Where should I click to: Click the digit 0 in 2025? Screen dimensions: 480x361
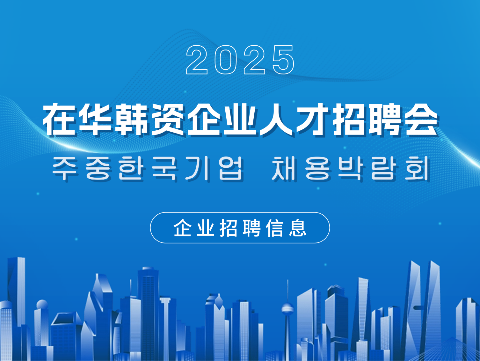click(x=225, y=60)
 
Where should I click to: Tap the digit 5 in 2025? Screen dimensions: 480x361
click(x=283, y=60)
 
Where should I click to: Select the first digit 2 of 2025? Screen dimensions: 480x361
click(x=197, y=60)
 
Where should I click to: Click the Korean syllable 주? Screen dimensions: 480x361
click(x=65, y=168)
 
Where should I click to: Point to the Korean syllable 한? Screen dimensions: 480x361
click(x=131, y=168)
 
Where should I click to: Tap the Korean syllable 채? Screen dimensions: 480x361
click(x=284, y=168)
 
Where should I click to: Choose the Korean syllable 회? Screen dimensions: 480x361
click(x=416, y=168)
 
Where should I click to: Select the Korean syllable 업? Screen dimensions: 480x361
click(x=230, y=168)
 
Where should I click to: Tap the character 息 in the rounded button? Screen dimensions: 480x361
click(x=298, y=228)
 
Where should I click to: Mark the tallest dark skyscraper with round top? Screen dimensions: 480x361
click(x=148, y=314)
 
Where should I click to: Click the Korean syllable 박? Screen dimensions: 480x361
click(x=350, y=168)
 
